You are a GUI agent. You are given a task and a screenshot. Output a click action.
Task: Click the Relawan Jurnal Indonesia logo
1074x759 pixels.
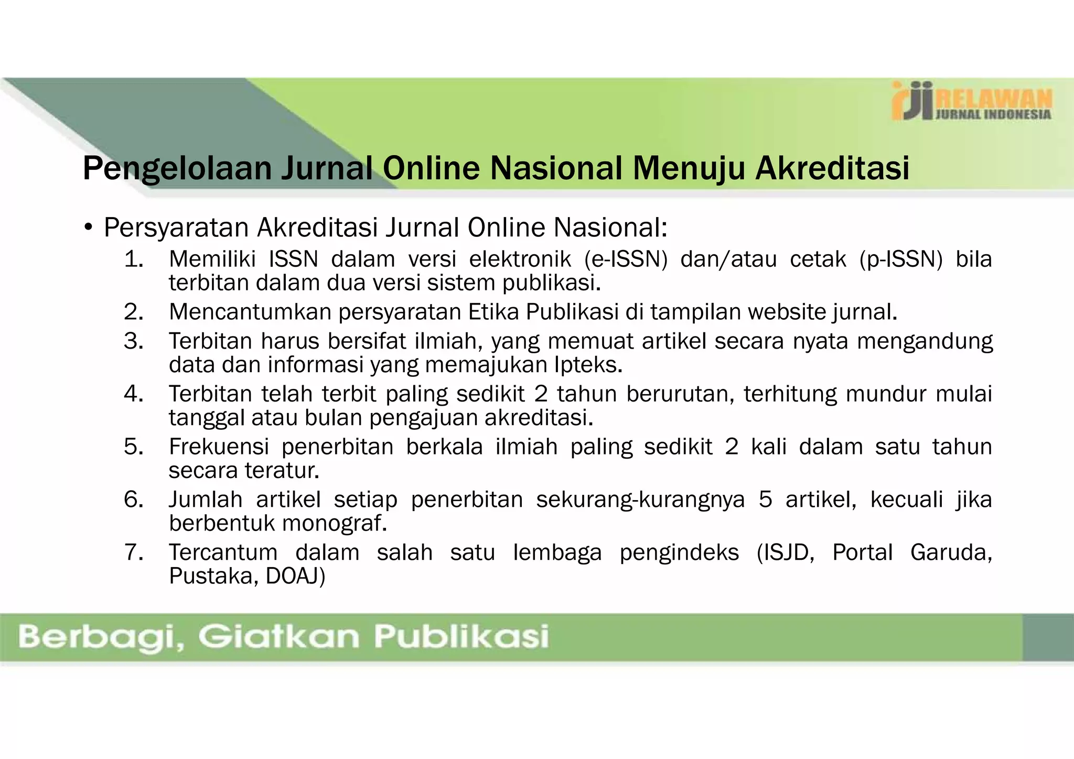point(971,101)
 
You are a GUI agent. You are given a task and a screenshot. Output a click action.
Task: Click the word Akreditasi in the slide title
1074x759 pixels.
point(832,168)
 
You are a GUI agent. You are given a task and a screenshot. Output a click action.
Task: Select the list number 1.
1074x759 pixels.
point(134,259)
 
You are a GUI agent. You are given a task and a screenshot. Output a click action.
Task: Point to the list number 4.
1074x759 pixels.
point(134,394)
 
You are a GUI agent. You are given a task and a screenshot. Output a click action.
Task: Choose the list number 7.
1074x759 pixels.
point(134,552)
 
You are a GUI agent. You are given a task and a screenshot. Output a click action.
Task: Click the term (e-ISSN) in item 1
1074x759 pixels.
point(626,259)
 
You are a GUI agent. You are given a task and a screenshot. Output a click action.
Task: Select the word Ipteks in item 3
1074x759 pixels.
point(588,365)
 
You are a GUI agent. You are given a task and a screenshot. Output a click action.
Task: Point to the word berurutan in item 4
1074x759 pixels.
point(680,394)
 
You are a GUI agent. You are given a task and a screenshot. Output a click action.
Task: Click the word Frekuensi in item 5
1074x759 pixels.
point(219,447)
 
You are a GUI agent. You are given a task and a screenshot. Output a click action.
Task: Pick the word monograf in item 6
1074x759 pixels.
point(335,523)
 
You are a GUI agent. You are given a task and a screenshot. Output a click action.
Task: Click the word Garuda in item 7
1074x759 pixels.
point(951,552)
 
